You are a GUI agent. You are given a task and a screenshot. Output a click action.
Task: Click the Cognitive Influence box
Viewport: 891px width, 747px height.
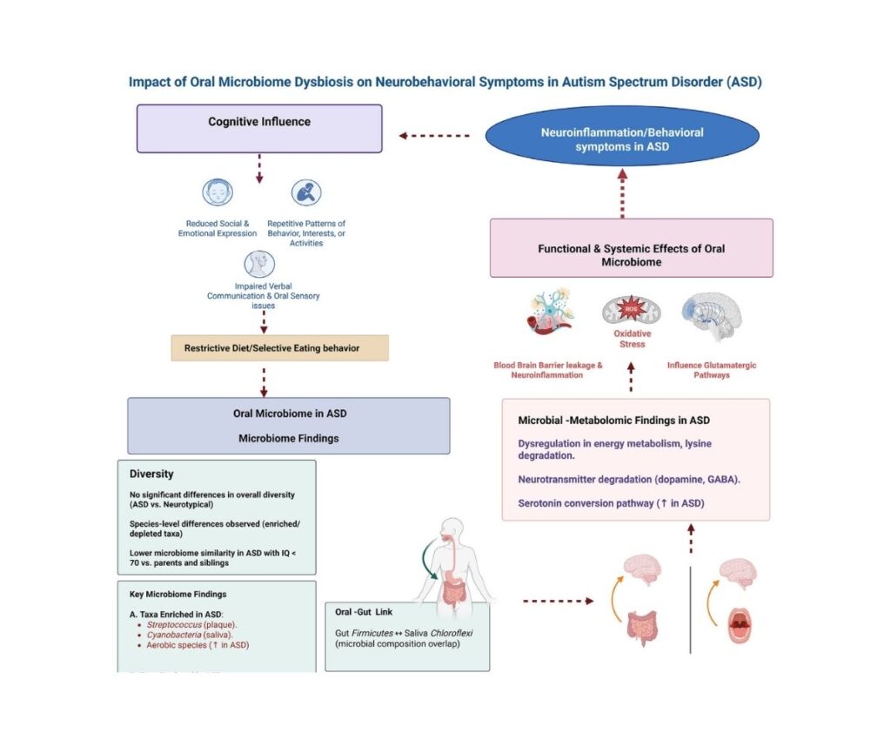point(259,129)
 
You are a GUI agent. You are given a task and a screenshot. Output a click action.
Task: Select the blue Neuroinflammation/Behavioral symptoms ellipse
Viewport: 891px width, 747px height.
point(621,139)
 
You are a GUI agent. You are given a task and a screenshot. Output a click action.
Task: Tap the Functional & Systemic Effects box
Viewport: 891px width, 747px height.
point(631,255)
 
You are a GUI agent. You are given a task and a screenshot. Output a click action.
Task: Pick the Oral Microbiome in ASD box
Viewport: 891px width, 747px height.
point(289,426)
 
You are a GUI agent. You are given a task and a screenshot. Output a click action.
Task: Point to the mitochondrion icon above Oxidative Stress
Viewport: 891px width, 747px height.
point(633,312)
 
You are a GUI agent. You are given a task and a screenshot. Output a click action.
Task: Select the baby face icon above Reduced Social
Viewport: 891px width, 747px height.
point(218,193)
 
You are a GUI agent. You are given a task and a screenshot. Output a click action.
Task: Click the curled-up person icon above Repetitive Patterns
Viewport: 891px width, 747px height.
point(305,193)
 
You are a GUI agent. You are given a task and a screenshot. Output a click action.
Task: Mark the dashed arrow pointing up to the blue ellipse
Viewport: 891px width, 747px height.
point(622,192)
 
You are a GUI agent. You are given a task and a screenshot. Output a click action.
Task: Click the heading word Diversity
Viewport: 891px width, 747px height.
point(151,474)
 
